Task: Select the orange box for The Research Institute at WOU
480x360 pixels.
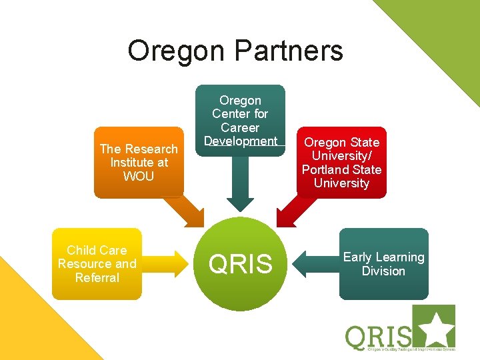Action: coord(139,162)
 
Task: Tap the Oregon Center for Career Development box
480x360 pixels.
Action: coord(240,120)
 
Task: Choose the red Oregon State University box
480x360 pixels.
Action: coord(341,162)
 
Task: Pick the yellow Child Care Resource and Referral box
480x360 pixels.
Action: coord(97,263)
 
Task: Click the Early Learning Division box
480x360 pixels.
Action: coord(383,264)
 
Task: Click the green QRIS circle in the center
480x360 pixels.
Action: coord(241,264)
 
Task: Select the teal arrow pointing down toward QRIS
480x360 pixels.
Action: coord(240,187)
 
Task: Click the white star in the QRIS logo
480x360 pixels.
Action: coord(439,328)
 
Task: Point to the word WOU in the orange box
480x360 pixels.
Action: coord(139,177)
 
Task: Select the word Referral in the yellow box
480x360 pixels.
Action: coord(97,277)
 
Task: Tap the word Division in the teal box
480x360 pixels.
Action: coord(383,271)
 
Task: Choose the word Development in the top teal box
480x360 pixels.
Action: coord(241,141)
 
